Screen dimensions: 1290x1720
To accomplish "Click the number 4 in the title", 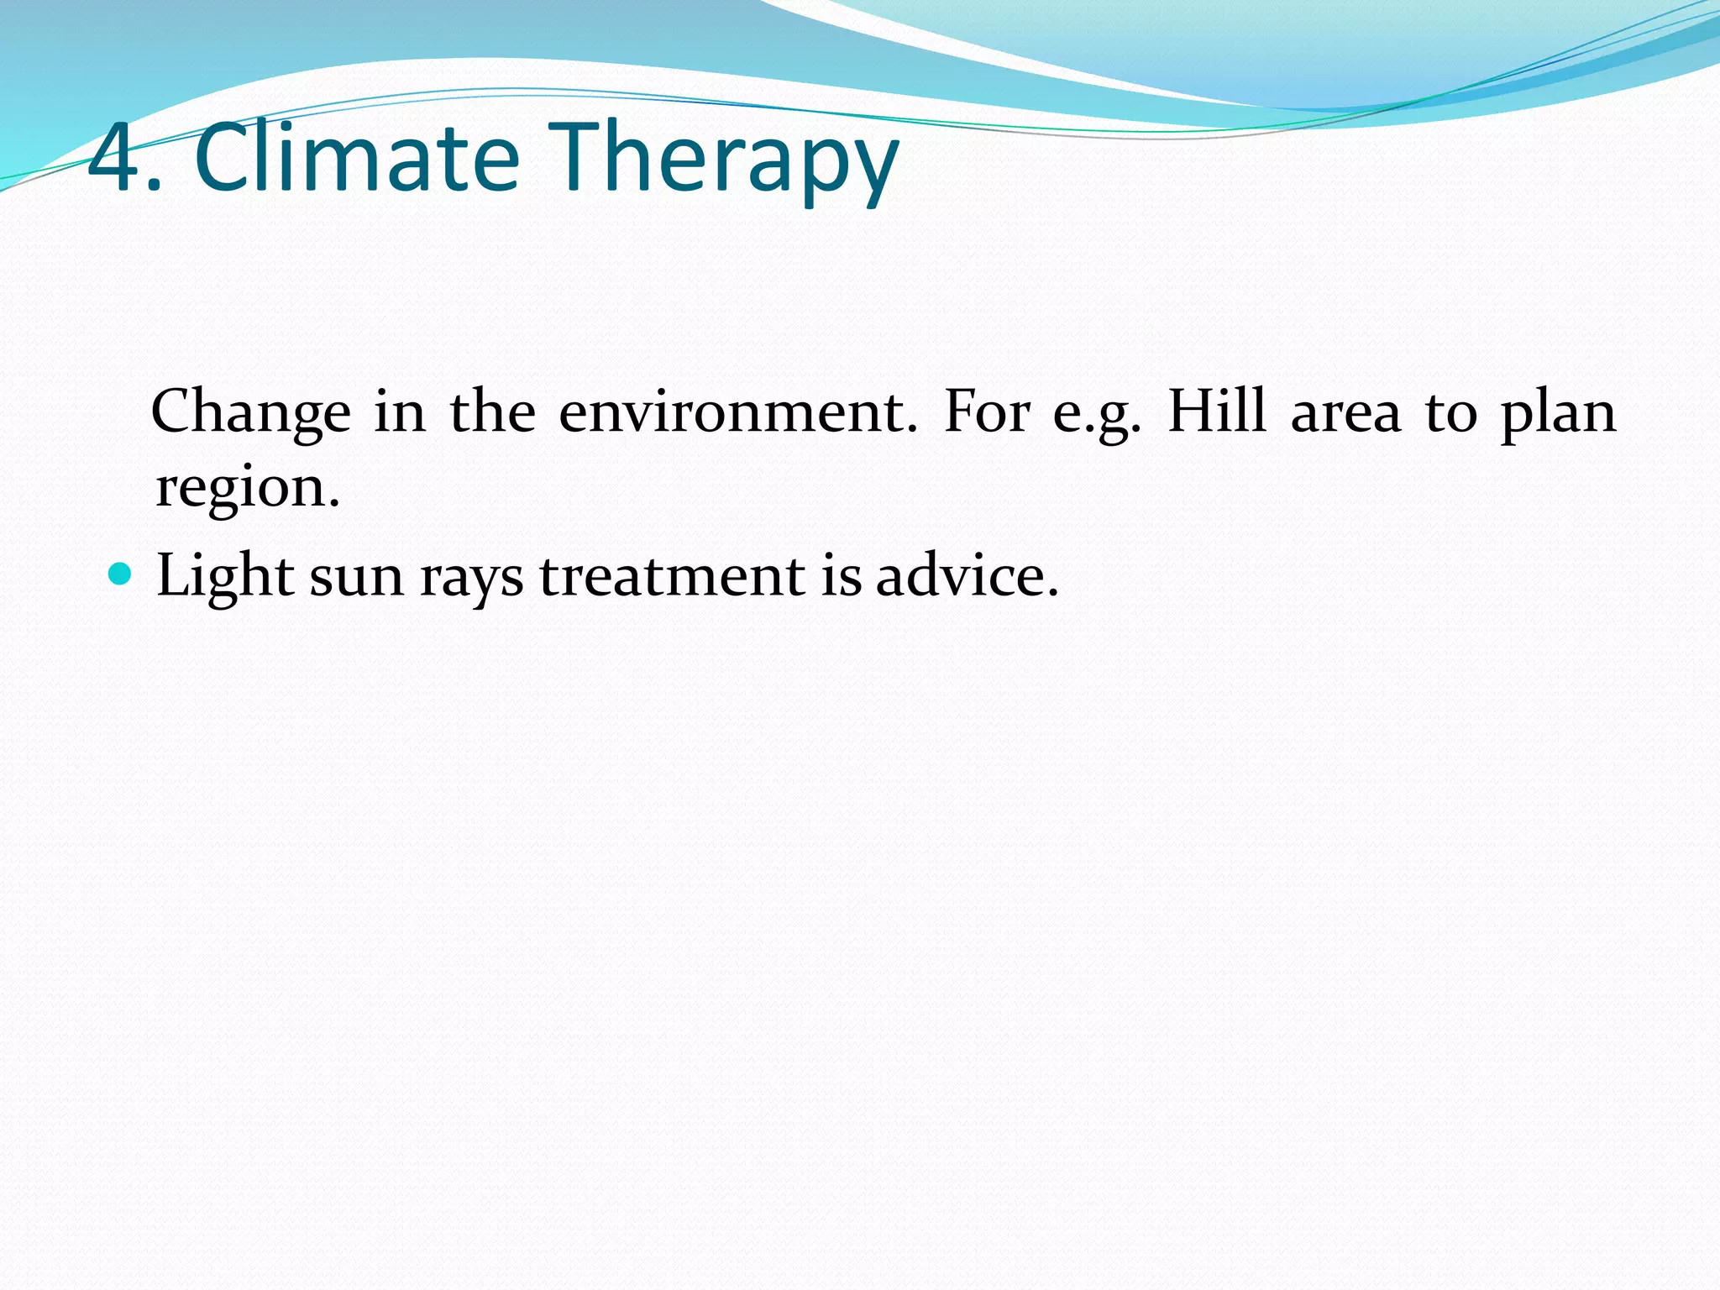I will (113, 158).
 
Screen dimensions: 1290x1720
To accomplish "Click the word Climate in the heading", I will (357, 158).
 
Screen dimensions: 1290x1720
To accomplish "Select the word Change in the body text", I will (250, 413).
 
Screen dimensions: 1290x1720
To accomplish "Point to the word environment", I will (738, 413).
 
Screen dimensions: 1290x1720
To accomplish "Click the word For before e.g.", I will (986, 413).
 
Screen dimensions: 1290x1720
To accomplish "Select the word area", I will (1345, 413).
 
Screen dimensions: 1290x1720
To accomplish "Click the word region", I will (247, 489).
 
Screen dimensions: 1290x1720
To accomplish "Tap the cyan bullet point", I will (121, 574).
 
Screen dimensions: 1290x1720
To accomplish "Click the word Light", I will (225, 578).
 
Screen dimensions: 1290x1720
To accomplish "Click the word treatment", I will (672, 578).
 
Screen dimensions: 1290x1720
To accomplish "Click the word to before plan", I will (1450, 413).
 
